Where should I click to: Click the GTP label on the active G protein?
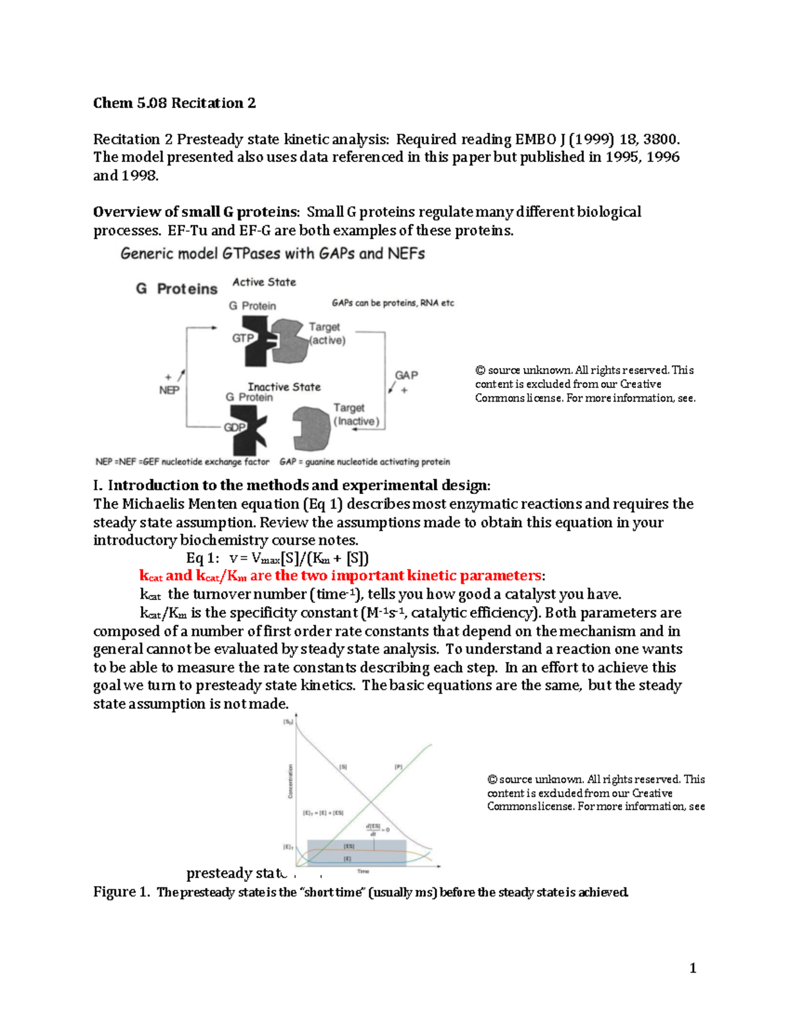(x=243, y=338)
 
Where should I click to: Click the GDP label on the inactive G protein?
(x=234, y=427)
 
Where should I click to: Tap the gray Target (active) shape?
(x=290, y=341)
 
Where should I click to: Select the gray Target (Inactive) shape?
(x=311, y=428)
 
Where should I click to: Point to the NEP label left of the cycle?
(x=169, y=390)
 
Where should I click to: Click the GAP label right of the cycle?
(x=406, y=375)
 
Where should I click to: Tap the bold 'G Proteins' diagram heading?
(x=176, y=289)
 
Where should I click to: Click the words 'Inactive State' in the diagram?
(x=284, y=387)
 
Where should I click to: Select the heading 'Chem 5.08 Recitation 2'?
(x=174, y=103)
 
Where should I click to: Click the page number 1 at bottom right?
(x=693, y=968)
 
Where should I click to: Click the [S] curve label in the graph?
(x=343, y=767)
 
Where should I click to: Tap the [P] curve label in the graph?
(x=398, y=767)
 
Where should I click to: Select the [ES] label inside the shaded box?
(x=349, y=846)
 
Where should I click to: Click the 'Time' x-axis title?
(x=363, y=871)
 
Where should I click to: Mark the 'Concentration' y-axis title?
(x=290, y=781)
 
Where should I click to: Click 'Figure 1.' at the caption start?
(x=122, y=892)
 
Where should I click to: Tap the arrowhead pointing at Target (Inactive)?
(x=356, y=429)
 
